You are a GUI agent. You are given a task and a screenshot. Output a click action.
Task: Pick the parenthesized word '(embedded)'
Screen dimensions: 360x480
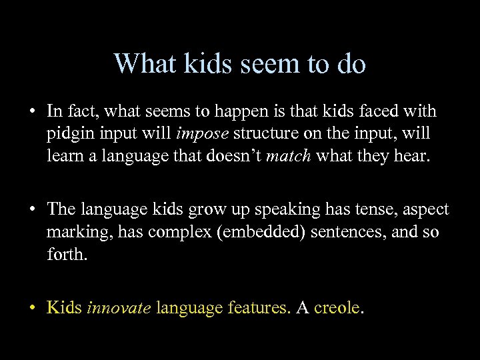(270, 233)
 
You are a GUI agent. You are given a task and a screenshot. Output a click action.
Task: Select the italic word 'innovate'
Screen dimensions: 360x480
(119, 309)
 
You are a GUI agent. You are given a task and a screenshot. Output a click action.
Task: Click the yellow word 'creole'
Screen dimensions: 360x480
(336, 309)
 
